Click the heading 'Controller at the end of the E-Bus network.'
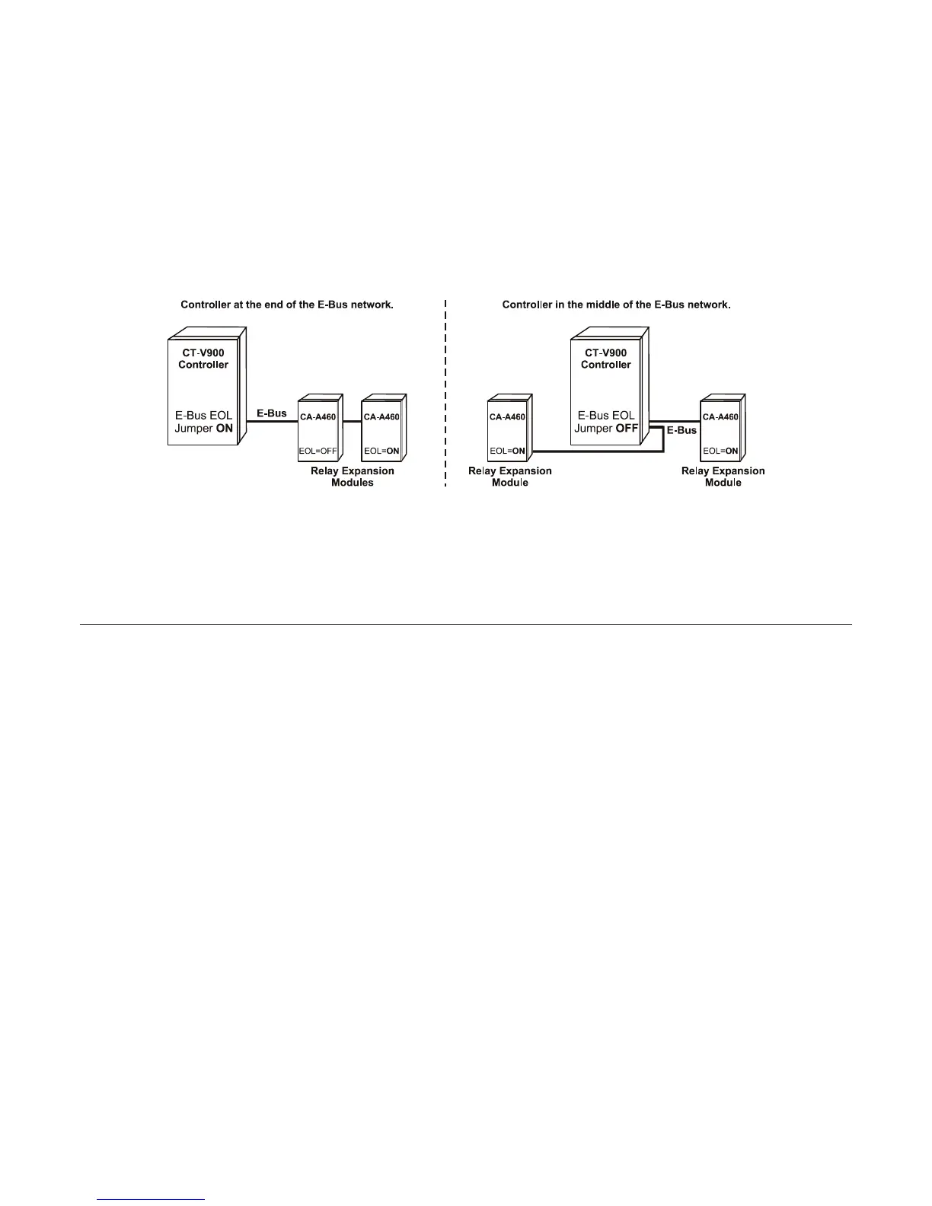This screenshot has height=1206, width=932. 286,305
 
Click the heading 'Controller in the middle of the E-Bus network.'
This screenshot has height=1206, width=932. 616,305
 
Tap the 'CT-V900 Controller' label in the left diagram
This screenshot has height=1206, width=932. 203,359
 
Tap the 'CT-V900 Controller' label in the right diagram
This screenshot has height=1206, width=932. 606,359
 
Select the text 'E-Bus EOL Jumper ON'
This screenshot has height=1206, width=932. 203,422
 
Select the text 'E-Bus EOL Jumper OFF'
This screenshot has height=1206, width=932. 606,422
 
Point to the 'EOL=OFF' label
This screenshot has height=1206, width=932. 317,451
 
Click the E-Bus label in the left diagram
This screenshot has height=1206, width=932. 272,413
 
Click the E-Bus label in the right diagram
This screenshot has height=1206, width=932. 681,430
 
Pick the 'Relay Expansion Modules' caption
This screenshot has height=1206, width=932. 353,477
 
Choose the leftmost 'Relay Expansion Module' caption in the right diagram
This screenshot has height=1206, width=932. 510,477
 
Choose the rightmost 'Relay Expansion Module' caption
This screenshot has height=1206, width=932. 723,477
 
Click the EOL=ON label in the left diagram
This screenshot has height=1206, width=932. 381,451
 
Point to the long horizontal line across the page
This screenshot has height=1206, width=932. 465,625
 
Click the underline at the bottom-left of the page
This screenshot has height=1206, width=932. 152,1200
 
